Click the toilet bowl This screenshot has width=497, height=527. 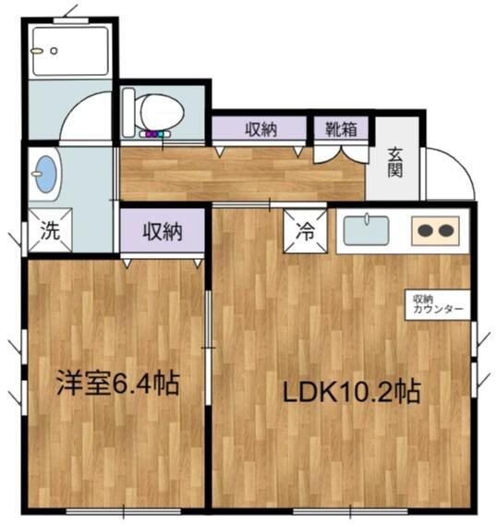162,112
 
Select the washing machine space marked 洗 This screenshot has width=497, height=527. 50,230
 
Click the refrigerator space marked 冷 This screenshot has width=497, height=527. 305,231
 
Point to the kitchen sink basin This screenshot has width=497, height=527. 367,230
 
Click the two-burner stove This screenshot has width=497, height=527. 435,230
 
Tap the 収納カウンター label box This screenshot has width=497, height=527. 438,304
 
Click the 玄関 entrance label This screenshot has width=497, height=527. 395,163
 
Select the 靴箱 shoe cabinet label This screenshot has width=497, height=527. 341,129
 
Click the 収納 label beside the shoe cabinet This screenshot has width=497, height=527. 261,129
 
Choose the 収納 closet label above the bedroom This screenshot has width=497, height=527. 163,231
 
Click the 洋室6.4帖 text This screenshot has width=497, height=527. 118,383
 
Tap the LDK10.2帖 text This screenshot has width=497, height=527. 351,392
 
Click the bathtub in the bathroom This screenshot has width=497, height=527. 70,51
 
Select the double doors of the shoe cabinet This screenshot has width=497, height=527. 341,153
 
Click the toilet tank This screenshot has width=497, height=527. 128,112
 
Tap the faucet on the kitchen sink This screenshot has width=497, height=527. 368,218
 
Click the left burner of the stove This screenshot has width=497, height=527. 425,231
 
